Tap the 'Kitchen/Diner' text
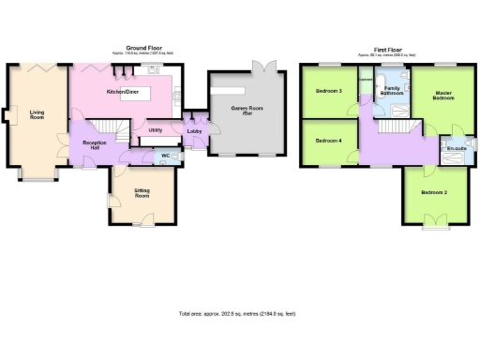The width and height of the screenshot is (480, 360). pos(123,92)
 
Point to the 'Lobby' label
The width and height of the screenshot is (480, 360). pos(195,131)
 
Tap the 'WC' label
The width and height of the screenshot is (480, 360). pos(165,155)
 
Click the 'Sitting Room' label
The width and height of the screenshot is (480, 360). pos(142,193)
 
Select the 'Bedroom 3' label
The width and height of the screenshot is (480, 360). pos(328,91)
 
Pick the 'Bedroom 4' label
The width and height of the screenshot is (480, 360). pos(328,141)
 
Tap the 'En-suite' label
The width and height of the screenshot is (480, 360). pos(457,149)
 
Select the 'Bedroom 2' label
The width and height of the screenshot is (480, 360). pos(433,192)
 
